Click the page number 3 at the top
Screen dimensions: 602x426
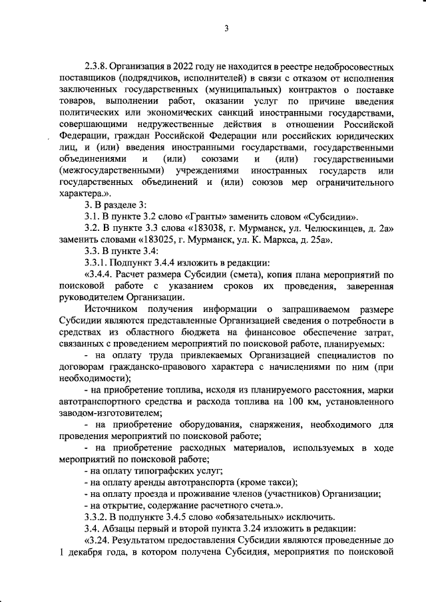(x=226, y=27)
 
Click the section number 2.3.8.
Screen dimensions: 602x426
(x=98, y=67)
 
